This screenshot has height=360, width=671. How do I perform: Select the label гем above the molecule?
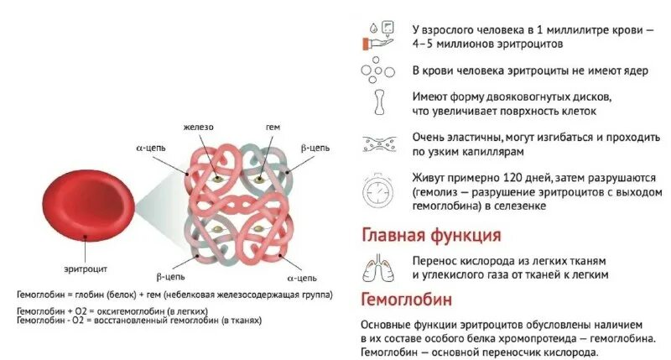273,127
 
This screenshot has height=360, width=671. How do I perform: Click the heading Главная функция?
431,234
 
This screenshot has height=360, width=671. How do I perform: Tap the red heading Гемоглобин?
407,299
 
